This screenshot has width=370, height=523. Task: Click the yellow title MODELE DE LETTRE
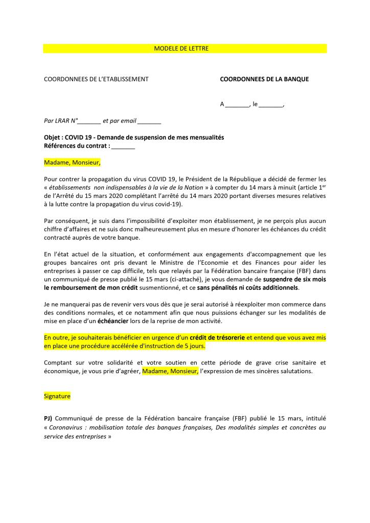tap(181, 49)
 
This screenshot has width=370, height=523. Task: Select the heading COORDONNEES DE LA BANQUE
tap(264, 79)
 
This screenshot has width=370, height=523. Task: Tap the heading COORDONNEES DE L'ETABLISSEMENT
tap(96, 79)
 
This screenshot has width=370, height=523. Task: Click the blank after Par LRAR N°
tap(90, 121)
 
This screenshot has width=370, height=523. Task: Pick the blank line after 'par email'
tap(149, 121)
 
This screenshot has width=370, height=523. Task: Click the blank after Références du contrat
tap(123, 146)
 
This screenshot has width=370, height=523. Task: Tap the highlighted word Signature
tap(57, 396)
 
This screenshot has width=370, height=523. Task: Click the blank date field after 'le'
tap(270, 104)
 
